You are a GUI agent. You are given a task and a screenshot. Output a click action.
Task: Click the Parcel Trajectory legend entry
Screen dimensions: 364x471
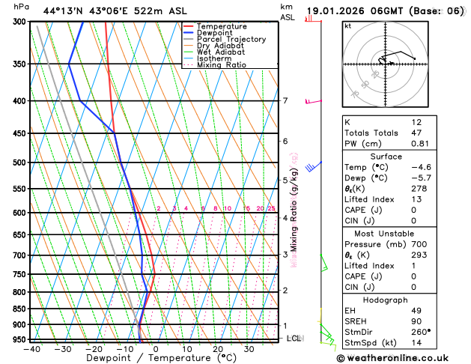tap(231, 39)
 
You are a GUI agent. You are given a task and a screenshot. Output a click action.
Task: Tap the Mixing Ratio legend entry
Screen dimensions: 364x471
tap(221, 64)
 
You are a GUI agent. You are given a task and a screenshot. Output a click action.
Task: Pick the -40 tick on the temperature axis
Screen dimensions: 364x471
tap(31, 349)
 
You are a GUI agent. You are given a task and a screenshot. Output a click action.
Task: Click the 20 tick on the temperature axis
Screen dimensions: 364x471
tap(217, 349)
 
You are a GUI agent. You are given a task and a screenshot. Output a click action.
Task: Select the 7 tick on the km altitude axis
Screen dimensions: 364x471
tap(285, 101)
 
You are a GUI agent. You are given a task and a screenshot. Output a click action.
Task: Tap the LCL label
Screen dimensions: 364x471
tap(294, 339)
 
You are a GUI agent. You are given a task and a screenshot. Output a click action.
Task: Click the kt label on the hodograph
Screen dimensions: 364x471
tap(348, 25)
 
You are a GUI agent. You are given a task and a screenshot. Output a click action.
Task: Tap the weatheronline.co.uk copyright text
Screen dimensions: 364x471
tap(402, 359)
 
